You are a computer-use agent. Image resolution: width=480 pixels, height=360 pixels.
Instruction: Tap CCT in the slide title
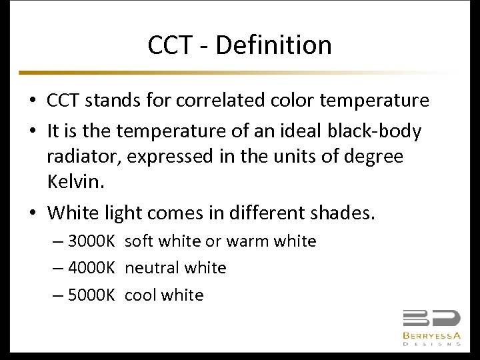(169, 45)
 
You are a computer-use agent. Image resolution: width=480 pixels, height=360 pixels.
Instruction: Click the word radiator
(83, 157)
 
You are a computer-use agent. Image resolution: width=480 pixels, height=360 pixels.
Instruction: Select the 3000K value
(92, 241)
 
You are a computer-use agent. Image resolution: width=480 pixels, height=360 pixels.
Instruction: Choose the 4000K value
(92, 268)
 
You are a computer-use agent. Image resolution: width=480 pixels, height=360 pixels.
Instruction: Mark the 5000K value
(92, 295)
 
